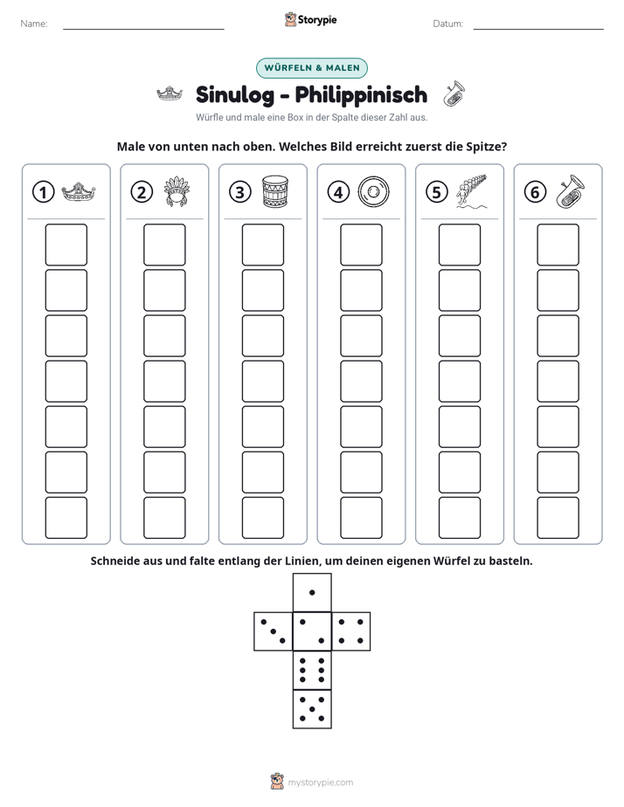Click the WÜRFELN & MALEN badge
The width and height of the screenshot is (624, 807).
click(311, 68)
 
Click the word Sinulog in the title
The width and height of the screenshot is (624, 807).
click(235, 95)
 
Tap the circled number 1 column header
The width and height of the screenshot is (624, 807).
click(43, 192)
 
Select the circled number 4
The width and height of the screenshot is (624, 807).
click(338, 192)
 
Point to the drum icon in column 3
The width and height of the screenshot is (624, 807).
click(275, 191)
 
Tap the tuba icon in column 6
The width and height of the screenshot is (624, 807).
click(571, 191)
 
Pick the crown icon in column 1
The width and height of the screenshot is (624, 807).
click(79, 192)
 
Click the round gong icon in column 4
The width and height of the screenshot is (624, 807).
click(373, 192)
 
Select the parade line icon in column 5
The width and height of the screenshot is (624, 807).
click(471, 191)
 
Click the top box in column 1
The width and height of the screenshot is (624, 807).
click(66, 245)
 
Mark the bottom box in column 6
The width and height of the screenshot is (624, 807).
click(558, 518)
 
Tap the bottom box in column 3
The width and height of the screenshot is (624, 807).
click(262, 518)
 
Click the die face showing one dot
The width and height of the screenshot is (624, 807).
click(312, 592)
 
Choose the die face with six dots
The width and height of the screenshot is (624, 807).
click(312, 670)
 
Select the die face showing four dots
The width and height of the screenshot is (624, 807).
click(351, 631)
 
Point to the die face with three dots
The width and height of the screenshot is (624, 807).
click(274, 631)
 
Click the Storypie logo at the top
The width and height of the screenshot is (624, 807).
click(310, 20)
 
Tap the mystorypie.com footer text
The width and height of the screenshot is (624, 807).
click(320, 783)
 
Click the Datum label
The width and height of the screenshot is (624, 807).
click(448, 24)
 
